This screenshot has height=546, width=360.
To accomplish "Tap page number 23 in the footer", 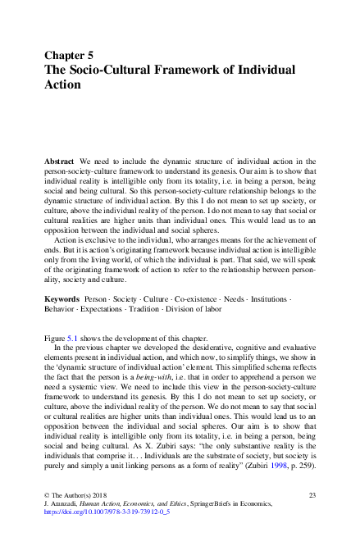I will [x=312, y=496].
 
